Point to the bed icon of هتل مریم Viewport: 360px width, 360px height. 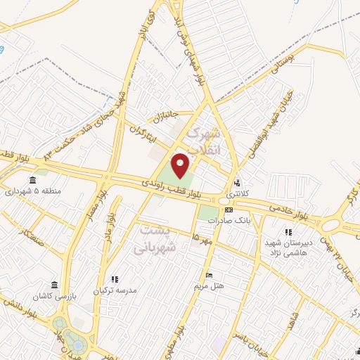(x=208, y=275)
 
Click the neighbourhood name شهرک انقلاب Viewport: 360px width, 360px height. (x=205, y=141)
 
